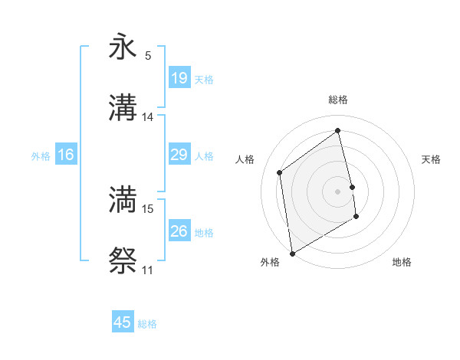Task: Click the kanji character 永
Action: click(123, 47)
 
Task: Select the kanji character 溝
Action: click(123, 109)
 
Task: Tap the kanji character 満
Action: click(123, 199)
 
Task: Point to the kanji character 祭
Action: click(123, 261)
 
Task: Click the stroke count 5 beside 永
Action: click(148, 55)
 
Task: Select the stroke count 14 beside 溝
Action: click(148, 117)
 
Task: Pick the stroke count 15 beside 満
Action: click(148, 208)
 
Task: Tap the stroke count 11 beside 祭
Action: click(148, 270)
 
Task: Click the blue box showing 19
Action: click(179, 77)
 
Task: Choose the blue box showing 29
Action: click(179, 155)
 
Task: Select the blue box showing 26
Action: click(179, 231)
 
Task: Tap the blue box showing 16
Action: click(66, 155)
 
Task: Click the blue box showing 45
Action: click(123, 322)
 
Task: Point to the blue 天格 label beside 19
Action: click(204, 80)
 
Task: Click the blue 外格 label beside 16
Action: click(41, 156)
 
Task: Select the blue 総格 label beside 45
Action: click(148, 324)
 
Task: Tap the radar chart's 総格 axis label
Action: click(338, 100)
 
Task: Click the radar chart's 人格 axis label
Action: click(245, 159)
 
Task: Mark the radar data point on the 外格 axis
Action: click(292, 253)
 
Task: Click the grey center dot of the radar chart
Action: click(338, 191)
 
